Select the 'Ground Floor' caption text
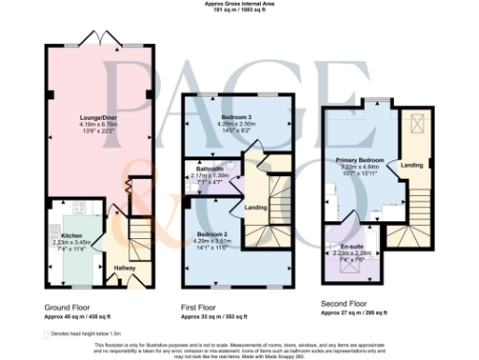pyautogui.click(x=67, y=307)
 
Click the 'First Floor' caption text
pyautogui.click(x=200, y=307)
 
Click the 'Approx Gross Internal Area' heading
pyautogui.click(x=239, y=4)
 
